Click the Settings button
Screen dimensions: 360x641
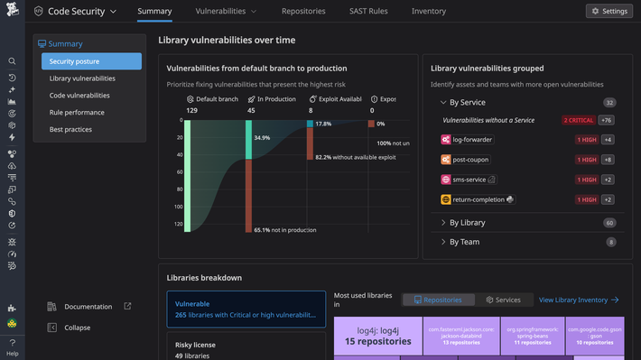[608, 11]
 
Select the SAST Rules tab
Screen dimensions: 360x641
[370, 11]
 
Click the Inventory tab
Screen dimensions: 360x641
[429, 11]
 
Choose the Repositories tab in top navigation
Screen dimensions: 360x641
[302, 11]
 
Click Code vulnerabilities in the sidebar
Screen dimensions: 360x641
[79, 96]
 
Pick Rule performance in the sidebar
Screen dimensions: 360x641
[77, 113]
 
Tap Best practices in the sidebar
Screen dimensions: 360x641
[70, 130]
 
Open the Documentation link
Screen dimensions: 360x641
[88, 307]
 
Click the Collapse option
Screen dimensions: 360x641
[77, 328]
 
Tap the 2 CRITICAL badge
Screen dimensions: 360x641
[577, 120]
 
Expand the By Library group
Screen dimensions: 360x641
[467, 223]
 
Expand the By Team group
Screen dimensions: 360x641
[464, 242]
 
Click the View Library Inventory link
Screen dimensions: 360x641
[578, 300]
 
